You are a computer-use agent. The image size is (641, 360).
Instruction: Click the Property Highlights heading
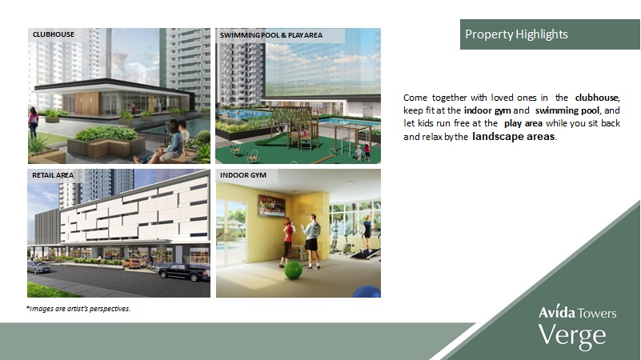(516, 34)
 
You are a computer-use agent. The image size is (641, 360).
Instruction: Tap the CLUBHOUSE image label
(54, 34)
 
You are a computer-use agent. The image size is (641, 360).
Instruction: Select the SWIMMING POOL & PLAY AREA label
(271, 35)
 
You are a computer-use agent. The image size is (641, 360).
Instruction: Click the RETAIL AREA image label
(53, 175)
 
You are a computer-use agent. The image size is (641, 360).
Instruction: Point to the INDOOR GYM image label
(243, 175)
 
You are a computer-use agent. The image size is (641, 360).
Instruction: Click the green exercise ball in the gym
(293, 270)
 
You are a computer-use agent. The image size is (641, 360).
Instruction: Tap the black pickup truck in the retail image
(183, 272)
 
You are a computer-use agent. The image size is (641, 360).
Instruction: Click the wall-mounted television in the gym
(272, 206)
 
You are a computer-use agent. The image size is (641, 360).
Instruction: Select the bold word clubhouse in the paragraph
(597, 98)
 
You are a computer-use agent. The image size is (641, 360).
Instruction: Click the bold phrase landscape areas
(514, 137)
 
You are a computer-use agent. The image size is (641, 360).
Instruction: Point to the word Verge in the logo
(572, 336)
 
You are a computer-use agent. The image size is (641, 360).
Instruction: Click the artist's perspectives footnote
(78, 309)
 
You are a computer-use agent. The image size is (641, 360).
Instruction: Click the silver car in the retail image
(39, 267)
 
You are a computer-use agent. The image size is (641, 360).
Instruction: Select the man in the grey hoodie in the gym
(310, 242)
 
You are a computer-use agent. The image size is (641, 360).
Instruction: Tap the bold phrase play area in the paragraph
(523, 123)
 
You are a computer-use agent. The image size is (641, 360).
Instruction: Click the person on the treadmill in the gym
(367, 233)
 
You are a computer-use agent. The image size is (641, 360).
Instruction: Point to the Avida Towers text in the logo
(578, 313)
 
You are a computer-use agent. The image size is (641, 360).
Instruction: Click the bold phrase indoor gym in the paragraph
(487, 110)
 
